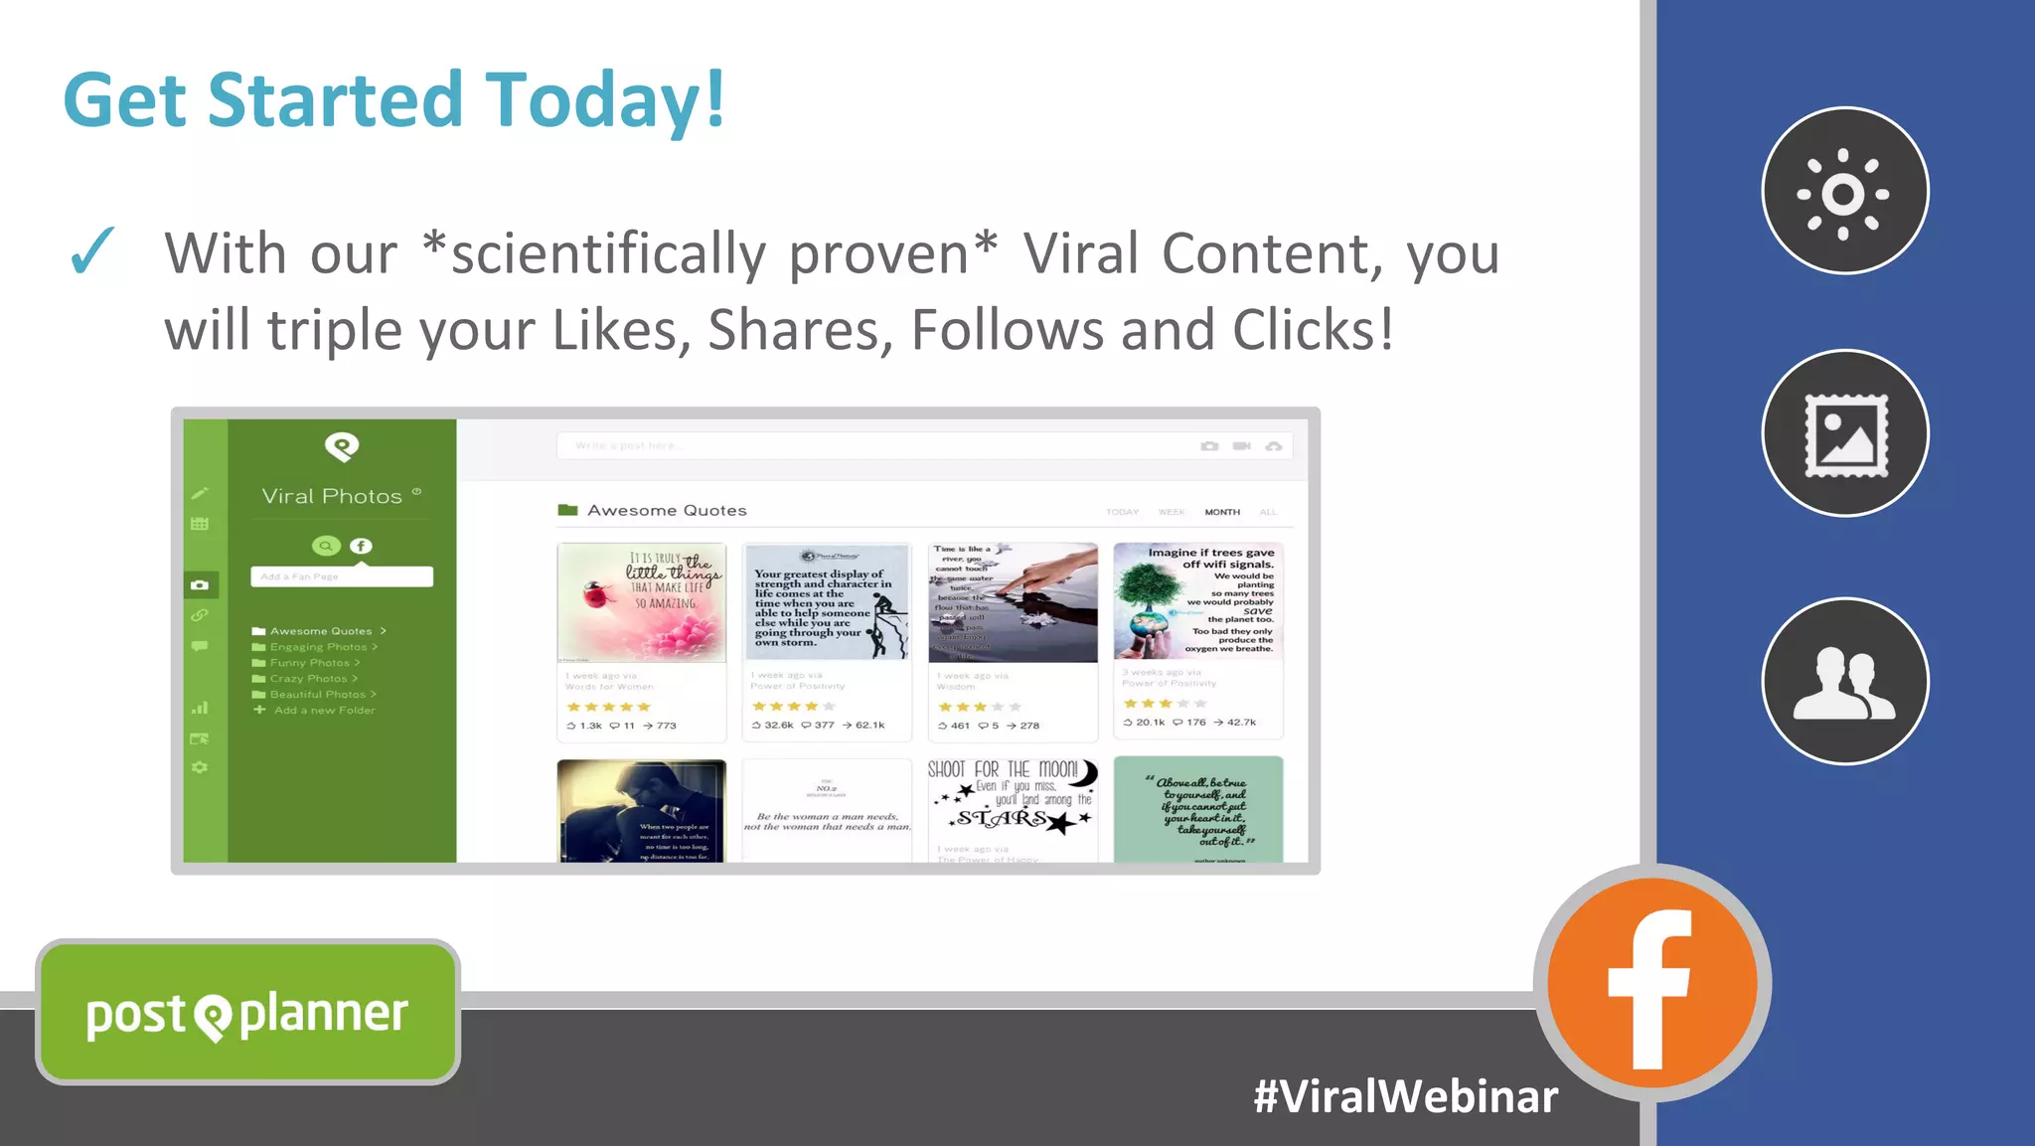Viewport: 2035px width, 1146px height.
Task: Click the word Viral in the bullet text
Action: pos(1080,254)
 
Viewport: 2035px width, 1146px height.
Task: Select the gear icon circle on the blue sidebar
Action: pos(1844,192)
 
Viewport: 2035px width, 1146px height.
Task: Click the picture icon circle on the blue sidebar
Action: pos(1844,434)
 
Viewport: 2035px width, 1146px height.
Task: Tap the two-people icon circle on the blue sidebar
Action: pos(1844,682)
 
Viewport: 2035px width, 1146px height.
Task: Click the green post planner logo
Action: pos(247,1013)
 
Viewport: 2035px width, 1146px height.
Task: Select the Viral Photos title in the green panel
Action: pos(332,496)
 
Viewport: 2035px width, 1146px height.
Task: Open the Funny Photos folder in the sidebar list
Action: pos(309,663)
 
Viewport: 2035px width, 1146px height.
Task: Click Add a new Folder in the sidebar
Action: pos(323,711)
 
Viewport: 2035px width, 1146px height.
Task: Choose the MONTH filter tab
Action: pos(1221,512)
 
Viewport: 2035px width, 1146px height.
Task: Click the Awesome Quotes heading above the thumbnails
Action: pos(666,511)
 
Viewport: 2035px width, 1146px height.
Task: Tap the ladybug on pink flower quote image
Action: pos(641,602)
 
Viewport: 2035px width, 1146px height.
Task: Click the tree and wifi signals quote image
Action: pos(1197,601)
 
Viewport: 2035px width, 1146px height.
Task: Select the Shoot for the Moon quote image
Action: pos(1013,799)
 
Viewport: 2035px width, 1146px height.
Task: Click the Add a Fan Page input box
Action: pos(341,576)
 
